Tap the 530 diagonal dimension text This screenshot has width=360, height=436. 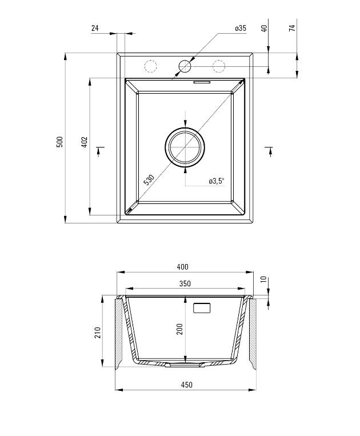coord(149,180)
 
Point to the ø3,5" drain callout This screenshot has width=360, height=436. coord(217,181)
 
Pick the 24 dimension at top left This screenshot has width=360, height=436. coord(95,28)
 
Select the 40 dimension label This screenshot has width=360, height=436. coord(264,28)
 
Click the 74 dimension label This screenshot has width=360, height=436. coord(292,28)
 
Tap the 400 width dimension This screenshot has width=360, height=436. coord(182,267)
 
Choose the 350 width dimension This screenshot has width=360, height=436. coord(185,283)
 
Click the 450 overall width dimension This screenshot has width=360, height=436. coord(186,385)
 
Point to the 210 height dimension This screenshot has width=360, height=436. coord(97,332)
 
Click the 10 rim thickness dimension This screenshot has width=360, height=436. coord(263,279)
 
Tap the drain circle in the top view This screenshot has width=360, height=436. coord(185,146)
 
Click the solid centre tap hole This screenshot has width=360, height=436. coord(185,66)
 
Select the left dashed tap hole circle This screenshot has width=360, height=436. coord(150,66)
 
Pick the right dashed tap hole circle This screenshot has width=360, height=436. coord(218,66)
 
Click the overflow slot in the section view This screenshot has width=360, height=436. coord(203,307)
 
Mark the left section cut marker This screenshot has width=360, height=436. coord(101,150)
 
